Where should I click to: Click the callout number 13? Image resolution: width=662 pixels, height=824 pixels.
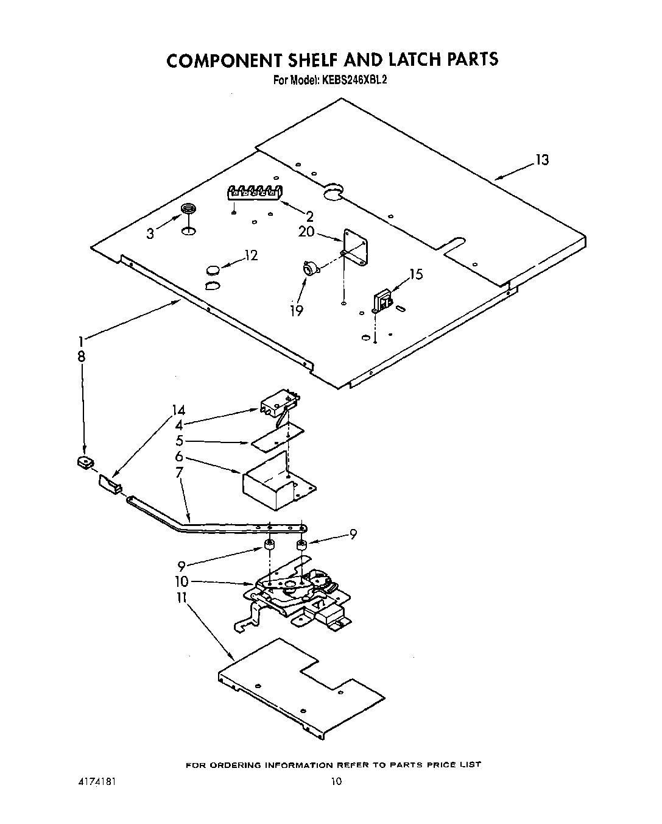click(541, 160)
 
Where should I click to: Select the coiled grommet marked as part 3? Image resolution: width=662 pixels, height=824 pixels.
click(189, 211)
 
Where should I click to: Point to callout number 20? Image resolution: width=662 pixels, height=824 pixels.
click(306, 232)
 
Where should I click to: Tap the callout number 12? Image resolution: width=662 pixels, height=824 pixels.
click(251, 255)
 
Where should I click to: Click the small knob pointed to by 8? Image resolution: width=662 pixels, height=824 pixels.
click(85, 463)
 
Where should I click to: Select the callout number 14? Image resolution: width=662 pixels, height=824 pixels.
click(178, 410)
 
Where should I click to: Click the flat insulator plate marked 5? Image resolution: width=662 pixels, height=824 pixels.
click(277, 435)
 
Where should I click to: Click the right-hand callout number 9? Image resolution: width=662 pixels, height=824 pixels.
click(352, 535)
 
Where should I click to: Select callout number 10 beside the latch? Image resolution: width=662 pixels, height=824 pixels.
click(181, 581)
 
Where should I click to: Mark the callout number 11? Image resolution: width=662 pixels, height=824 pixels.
click(181, 598)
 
